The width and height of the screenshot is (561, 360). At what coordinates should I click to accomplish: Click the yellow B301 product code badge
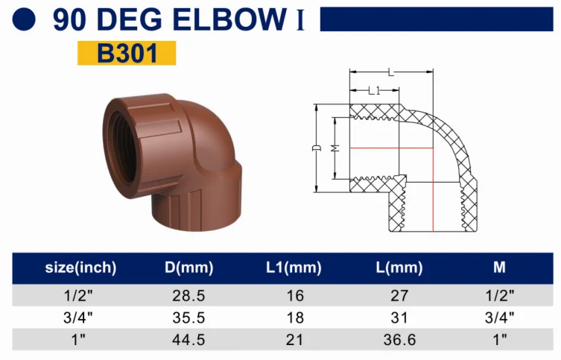point(127,53)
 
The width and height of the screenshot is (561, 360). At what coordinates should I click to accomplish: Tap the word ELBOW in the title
point(229,19)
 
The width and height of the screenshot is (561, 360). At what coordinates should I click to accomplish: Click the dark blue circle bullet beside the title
point(24,19)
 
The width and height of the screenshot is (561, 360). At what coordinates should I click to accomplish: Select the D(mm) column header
point(189,268)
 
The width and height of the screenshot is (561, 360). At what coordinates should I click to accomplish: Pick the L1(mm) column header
point(294,268)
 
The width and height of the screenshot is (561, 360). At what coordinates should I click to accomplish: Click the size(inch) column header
point(81,268)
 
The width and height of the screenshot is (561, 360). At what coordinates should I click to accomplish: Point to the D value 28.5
point(189,296)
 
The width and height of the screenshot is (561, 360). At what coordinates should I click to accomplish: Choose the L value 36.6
point(399,340)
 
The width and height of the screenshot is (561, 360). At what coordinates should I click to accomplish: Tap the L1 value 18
point(295,318)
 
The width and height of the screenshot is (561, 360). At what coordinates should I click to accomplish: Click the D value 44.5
point(189,340)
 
